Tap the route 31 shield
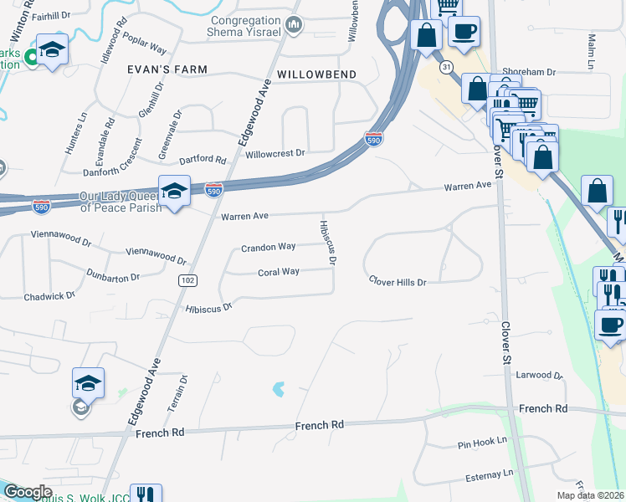(x=448, y=66)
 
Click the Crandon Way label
(x=268, y=247)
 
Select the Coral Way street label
(x=279, y=272)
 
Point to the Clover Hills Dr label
(x=398, y=282)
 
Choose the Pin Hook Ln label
(x=483, y=440)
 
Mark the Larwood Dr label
(x=539, y=376)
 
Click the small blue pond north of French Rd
(x=279, y=389)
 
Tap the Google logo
(x=27, y=492)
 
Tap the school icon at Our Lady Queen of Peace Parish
(x=174, y=192)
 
